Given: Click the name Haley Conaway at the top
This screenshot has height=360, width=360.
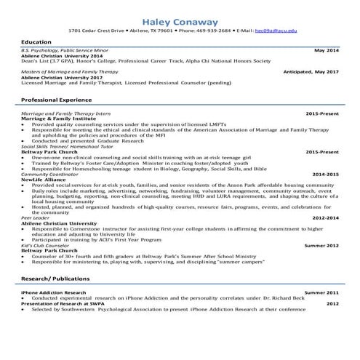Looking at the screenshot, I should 179,20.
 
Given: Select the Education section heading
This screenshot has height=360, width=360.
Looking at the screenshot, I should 36,43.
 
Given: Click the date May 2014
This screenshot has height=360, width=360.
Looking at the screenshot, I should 327,52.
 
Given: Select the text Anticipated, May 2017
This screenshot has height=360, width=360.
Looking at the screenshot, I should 311,73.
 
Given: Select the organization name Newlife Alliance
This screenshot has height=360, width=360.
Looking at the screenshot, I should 43,180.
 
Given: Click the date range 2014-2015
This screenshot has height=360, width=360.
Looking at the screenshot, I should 326,175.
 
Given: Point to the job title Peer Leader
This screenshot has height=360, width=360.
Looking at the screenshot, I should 34,217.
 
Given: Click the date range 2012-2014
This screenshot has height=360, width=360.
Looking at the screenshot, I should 326,217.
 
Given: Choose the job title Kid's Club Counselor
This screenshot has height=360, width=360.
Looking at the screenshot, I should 47,245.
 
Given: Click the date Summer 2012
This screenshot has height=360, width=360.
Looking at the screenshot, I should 321,245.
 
